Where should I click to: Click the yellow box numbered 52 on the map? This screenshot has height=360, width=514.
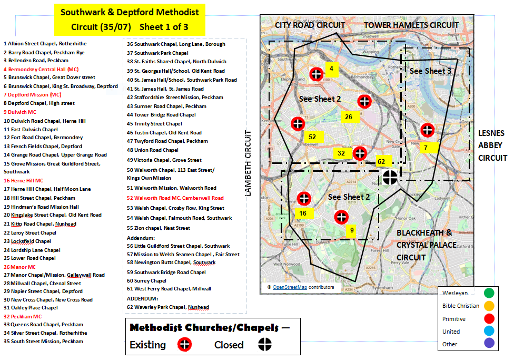312,137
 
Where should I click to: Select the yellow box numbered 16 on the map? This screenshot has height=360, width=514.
303,213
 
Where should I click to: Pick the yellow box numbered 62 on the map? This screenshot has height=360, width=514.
381,162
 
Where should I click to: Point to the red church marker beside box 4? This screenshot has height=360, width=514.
316,74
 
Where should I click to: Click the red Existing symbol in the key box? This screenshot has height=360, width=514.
185,345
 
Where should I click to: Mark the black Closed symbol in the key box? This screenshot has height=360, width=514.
264,345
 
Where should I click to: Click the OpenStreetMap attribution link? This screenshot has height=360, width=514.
290,287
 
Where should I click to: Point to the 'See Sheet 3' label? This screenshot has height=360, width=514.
430,71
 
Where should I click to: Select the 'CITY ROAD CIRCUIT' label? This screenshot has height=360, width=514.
310,25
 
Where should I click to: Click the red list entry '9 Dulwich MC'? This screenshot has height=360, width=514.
20,112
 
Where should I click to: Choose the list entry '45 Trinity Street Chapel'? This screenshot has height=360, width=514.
154,124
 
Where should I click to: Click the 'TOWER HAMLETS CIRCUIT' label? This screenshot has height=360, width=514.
411,25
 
